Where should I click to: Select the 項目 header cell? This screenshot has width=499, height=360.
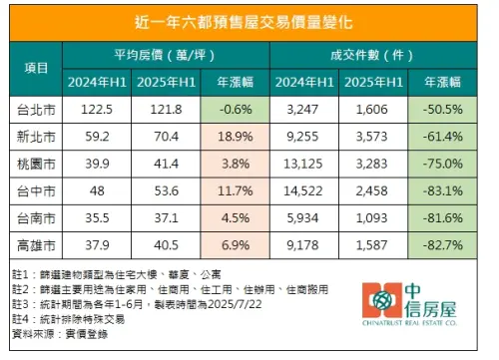pos(35,67)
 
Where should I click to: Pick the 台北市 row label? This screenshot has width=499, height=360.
pos(35,108)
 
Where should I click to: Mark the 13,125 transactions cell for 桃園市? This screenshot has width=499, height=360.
pos(305,162)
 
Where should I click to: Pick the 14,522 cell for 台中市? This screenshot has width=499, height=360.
pos(305,187)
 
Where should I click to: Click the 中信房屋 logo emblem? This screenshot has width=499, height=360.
pos(381,300)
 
